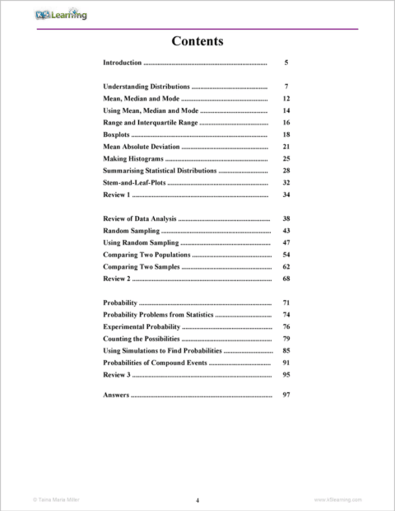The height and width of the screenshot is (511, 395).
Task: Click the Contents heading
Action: [197, 41]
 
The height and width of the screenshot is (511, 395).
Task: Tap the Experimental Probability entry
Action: [141, 327]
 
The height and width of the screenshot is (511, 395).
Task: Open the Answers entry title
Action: [116, 396]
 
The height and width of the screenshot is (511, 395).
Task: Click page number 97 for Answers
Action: [286, 396]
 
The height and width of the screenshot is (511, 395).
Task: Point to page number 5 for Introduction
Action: [286, 63]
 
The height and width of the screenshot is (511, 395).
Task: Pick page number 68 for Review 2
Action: [286, 279]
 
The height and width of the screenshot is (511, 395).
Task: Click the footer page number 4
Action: [197, 500]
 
